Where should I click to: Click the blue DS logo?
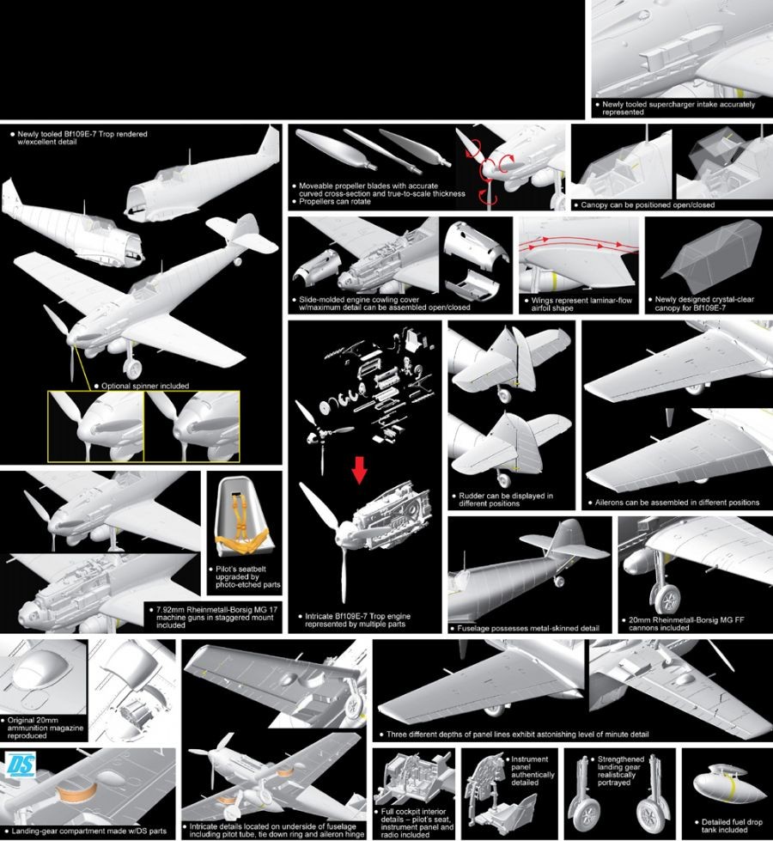tap(21, 765)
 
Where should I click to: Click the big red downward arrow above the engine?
tap(359, 471)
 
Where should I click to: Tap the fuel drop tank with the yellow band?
tap(728, 786)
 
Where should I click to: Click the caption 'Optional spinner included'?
tap(145, 386)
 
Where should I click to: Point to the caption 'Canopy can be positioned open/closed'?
tap(648, 205)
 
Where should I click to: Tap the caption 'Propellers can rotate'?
tap(335, 202)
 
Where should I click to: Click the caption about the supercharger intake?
tap(678, 107)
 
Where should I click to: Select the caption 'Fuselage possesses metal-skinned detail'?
tap(528, 628)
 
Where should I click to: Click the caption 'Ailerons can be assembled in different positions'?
tap(677, 503)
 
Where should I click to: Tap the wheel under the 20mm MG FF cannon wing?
tap(668, 599)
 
